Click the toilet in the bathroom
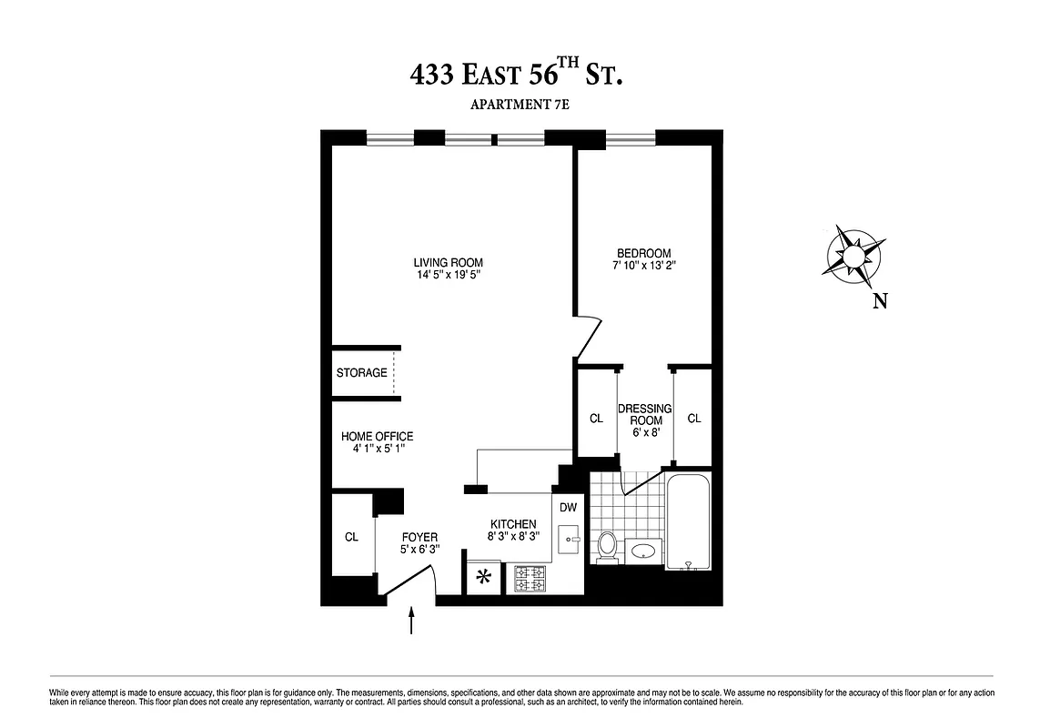point(607,545)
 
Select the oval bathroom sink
point(644,550)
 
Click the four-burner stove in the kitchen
point(530,579)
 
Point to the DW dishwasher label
point(568,508)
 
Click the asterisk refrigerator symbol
point(485,576)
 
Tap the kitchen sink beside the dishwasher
point(570,539)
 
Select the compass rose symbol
point(855,255)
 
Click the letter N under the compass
point(880,302)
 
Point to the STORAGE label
point(361,373)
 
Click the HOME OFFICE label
point(377,437)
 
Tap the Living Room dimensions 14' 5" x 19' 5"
point(449,275)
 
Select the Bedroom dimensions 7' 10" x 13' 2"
point(644,266)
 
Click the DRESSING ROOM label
point(644,415)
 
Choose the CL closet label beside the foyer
point(351,537)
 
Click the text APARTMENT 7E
point(520,106)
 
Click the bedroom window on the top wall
point(631,139)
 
